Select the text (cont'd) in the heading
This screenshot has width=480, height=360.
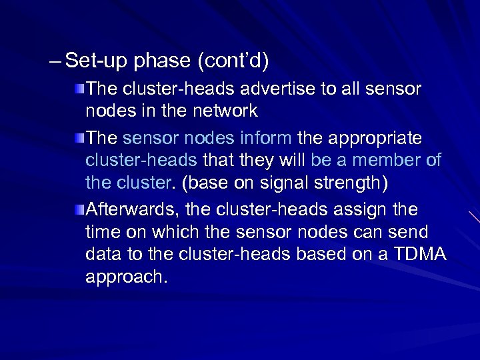pos(233,62)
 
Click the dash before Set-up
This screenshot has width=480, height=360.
pos(57,62)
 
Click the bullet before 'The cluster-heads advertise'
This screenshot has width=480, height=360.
pos(79,89)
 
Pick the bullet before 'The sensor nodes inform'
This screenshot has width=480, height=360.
pos(79,139)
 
